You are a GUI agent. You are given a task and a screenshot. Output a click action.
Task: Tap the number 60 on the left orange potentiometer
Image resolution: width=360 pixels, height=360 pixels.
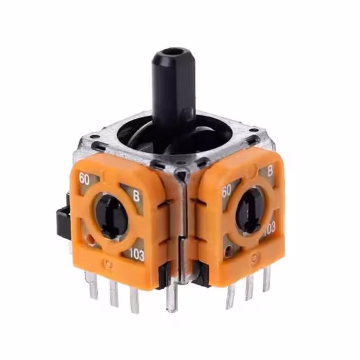click(x=84, y=179)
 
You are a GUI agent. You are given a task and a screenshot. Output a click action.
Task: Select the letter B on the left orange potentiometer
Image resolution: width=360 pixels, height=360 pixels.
click(x=136, y=196)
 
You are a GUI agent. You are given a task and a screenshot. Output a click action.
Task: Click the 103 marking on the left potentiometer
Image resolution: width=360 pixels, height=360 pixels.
click(x=137, y=255)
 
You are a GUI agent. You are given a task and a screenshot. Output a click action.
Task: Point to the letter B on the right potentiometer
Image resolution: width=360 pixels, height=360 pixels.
click(x=270, y=171)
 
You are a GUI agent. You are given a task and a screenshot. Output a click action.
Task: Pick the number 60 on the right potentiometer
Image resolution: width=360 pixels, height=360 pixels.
click(x=226, y=191)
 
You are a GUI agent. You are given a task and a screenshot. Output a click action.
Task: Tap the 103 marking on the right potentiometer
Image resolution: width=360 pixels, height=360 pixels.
click(x=269, y=228)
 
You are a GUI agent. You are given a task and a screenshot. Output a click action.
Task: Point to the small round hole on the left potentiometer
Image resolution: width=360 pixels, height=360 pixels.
click(x=91, y=240)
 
